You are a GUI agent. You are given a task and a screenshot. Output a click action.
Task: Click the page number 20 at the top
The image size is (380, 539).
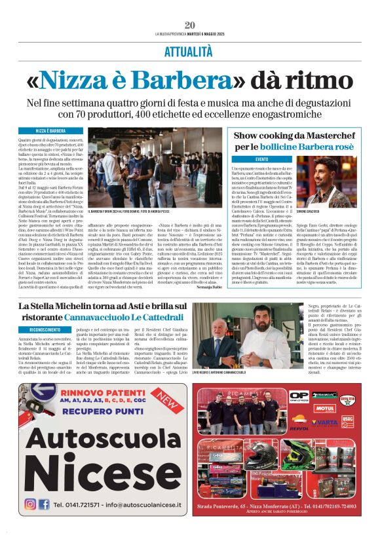190,25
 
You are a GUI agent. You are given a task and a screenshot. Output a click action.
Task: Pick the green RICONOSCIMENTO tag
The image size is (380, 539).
45,329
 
